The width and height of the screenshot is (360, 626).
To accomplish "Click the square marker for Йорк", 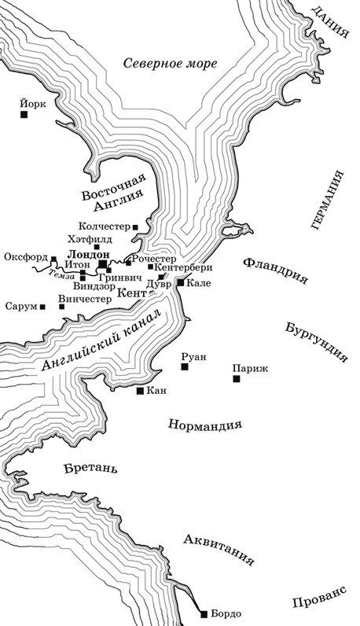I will tap(25, 115).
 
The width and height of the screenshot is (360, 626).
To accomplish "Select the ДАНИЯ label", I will tap(329, 22).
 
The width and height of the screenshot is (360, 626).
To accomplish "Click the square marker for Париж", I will tap(236, 379).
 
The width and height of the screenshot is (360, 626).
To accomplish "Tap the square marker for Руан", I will tap(185, 366).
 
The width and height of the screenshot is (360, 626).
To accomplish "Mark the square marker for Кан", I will tap(140, 390).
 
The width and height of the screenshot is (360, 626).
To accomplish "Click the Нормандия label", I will tap(204, 425).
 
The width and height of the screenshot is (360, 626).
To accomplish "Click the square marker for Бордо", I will tap(204, 613).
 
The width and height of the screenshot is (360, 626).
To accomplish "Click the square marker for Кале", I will tap(181, 282).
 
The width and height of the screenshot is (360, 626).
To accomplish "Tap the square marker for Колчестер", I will tap(135, 227).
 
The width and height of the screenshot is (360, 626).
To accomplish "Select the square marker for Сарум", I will tap(42, 307).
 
